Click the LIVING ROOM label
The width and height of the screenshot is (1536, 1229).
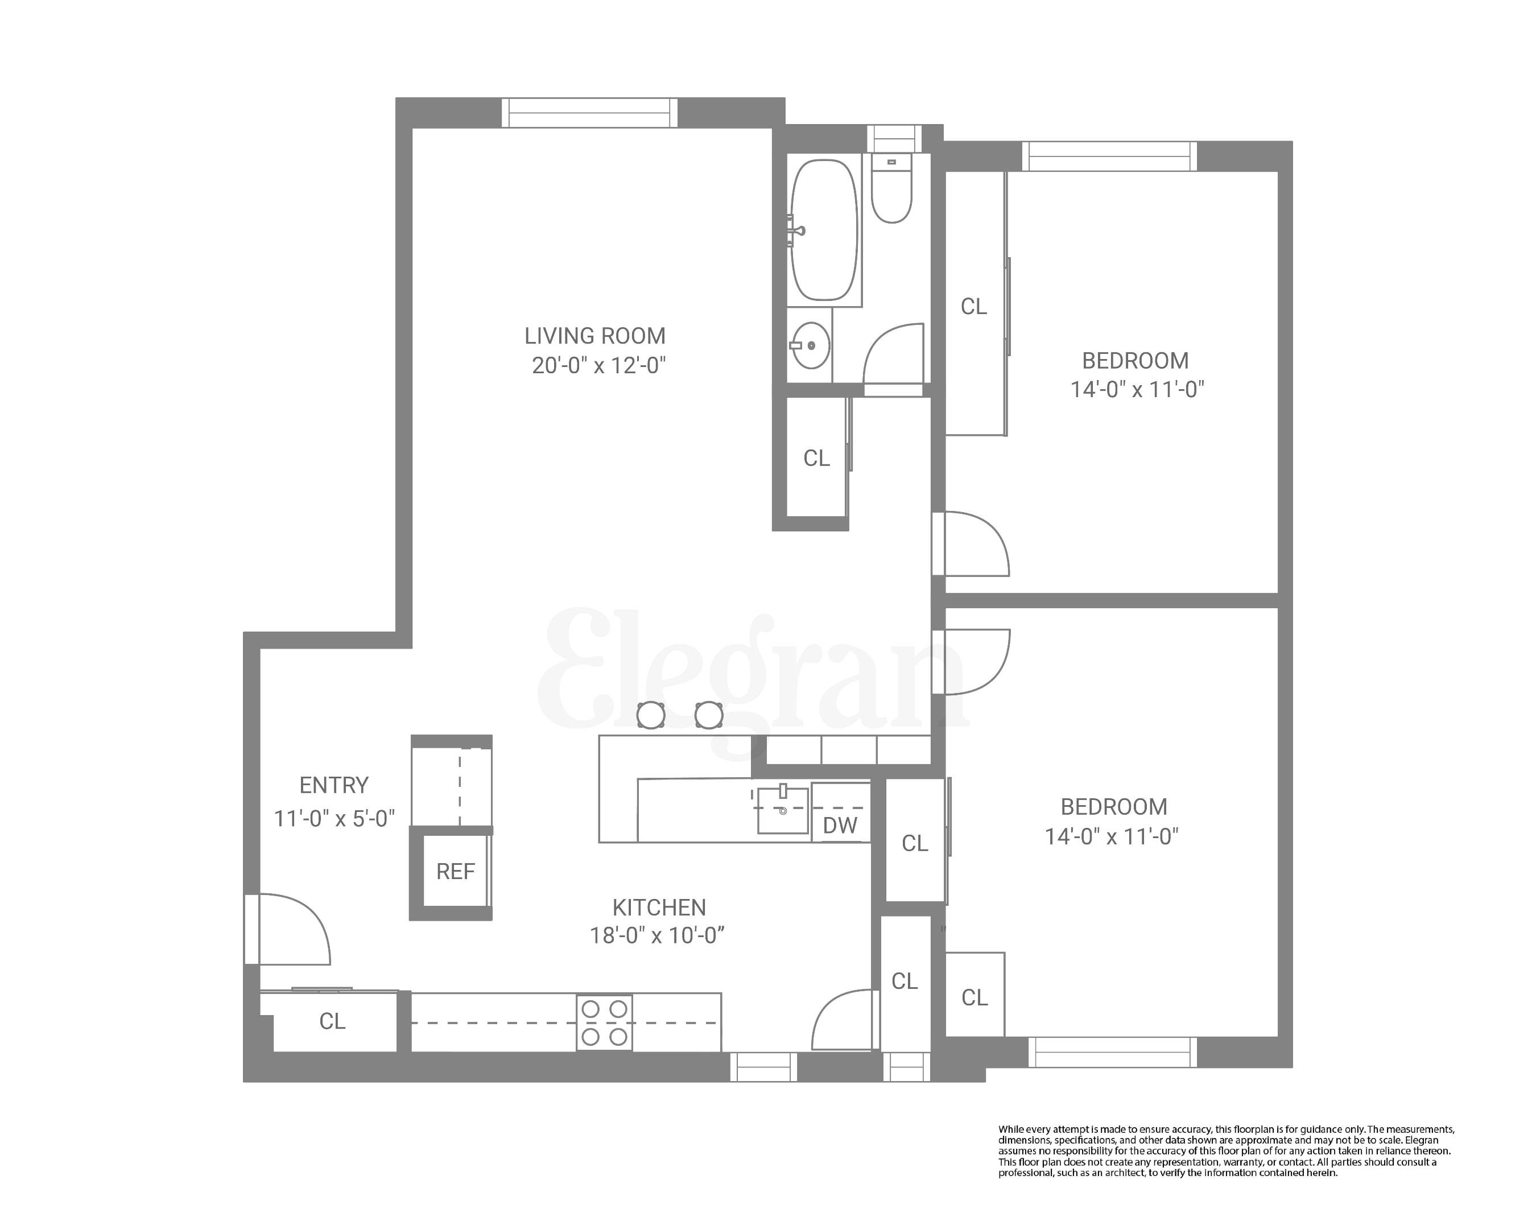pos(595,336)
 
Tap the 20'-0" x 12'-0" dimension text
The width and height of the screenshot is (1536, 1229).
pos(598,365)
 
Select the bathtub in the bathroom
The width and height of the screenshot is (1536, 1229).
pos(825,229)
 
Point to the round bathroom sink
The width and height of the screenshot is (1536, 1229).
pos(811,345)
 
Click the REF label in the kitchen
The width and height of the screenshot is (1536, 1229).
pos(455,871)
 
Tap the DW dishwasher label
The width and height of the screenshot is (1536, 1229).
pos(840,826)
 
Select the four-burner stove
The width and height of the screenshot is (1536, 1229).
pos(604,1022)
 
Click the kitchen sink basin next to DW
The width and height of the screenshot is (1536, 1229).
pos(782,810)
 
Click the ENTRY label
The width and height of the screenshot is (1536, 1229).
pos(333,785)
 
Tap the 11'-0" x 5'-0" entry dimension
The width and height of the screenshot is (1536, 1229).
pos(334,819)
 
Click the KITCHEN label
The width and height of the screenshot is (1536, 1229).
pos(659,908)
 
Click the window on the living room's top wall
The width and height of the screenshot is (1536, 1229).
pos(590,113)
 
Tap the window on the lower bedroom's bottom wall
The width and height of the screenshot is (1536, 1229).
pos(1112,1052)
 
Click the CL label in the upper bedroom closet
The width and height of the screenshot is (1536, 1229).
pos(973,306)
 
